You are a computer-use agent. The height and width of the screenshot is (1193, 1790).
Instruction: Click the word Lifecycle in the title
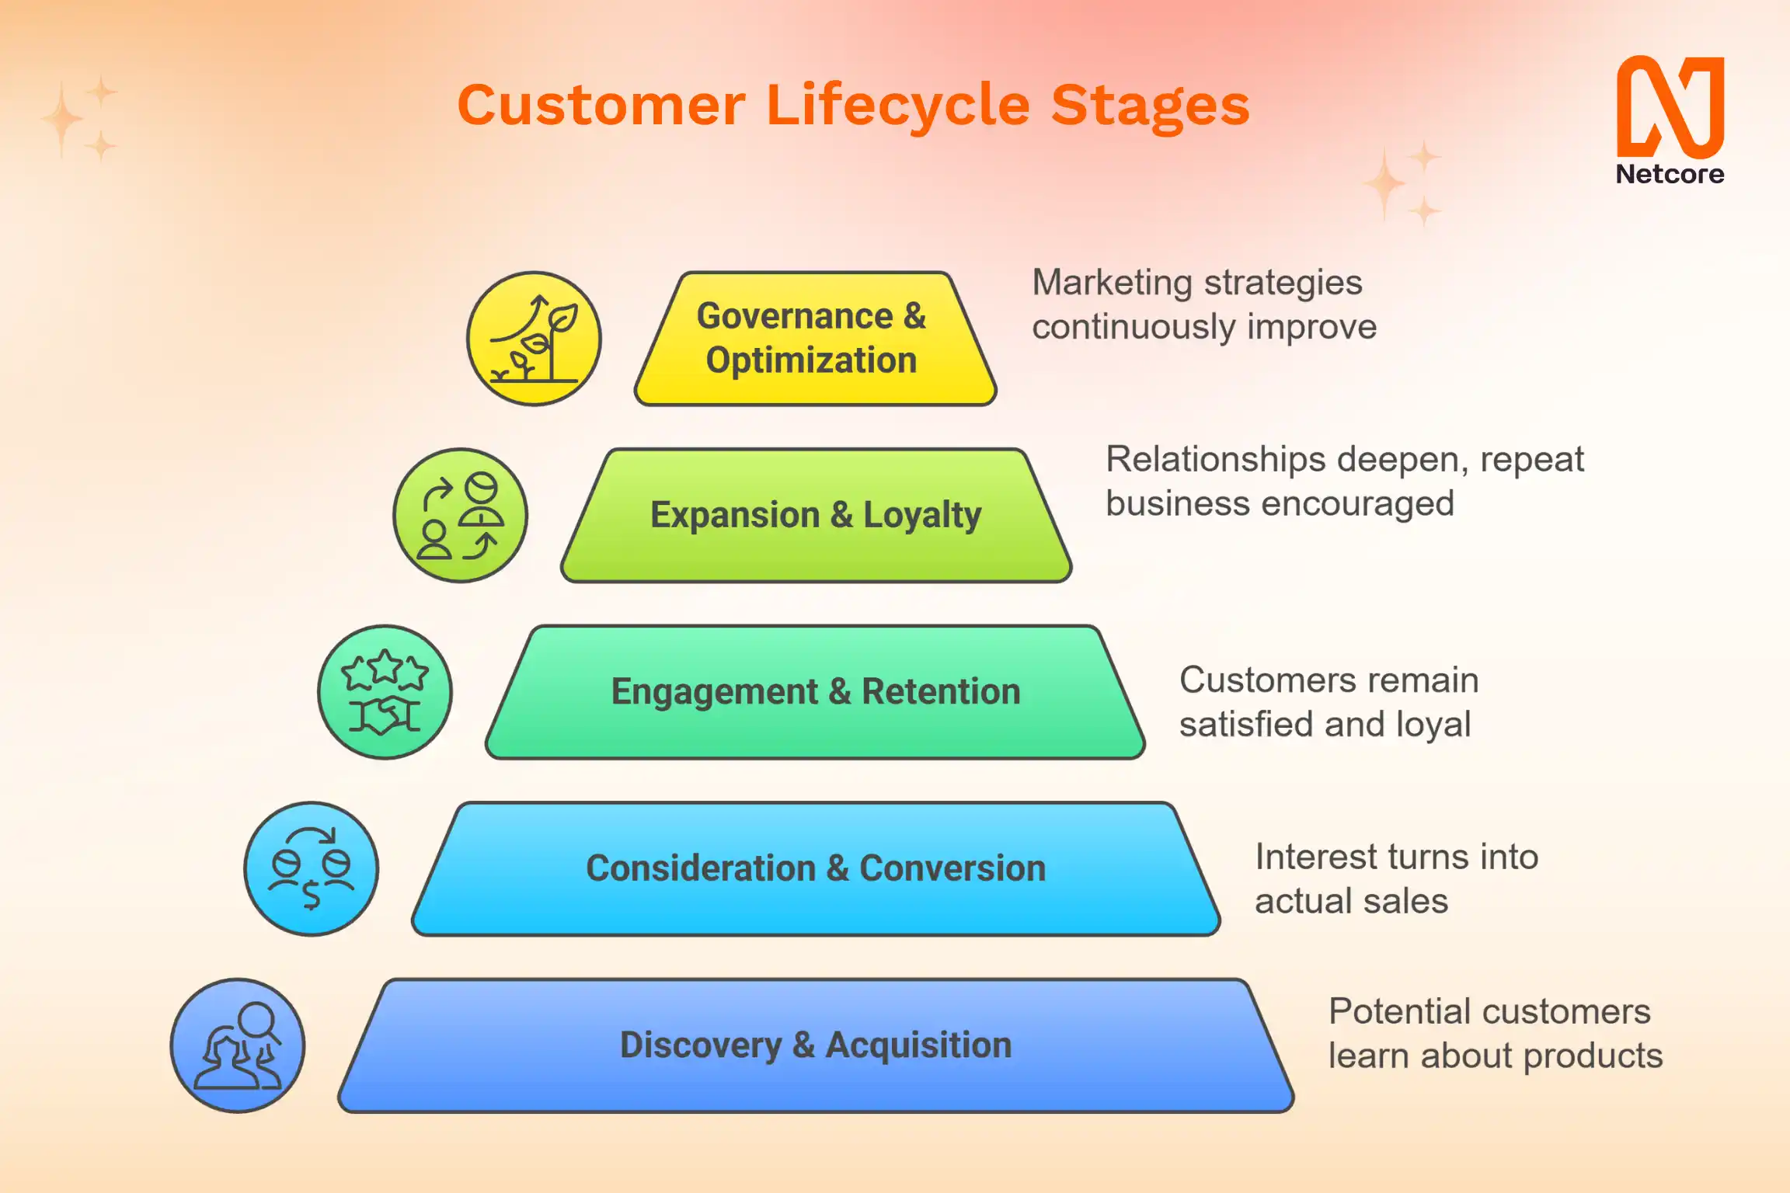tap(897, 105)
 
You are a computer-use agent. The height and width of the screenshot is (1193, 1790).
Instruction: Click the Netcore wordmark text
tap(1670, 174)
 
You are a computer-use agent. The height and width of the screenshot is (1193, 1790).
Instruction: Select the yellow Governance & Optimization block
tap(814, 339)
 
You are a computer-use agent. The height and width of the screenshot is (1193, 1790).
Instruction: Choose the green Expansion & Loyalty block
tap(816, 515)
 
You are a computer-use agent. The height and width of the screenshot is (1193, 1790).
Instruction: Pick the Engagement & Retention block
tap(816, 691)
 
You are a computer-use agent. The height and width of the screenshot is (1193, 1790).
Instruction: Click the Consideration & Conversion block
tap(816, 868)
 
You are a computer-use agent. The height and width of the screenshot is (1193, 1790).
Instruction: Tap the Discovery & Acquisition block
tap(816, 1045)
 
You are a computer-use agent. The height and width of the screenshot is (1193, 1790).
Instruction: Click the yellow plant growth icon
tap(534, 339)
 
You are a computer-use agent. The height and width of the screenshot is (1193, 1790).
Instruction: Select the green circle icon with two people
tap(460, 515)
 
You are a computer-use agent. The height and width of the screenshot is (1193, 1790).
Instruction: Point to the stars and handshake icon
tap(385, 691)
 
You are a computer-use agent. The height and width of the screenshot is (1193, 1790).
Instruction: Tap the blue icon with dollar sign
tap(311, 868)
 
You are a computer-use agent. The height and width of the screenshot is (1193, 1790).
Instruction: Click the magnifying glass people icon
tap(238, 1045)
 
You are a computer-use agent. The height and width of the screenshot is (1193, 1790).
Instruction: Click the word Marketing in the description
tap(1110, 283)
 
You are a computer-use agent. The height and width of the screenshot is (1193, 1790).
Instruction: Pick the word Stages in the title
tap(1150, 105)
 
